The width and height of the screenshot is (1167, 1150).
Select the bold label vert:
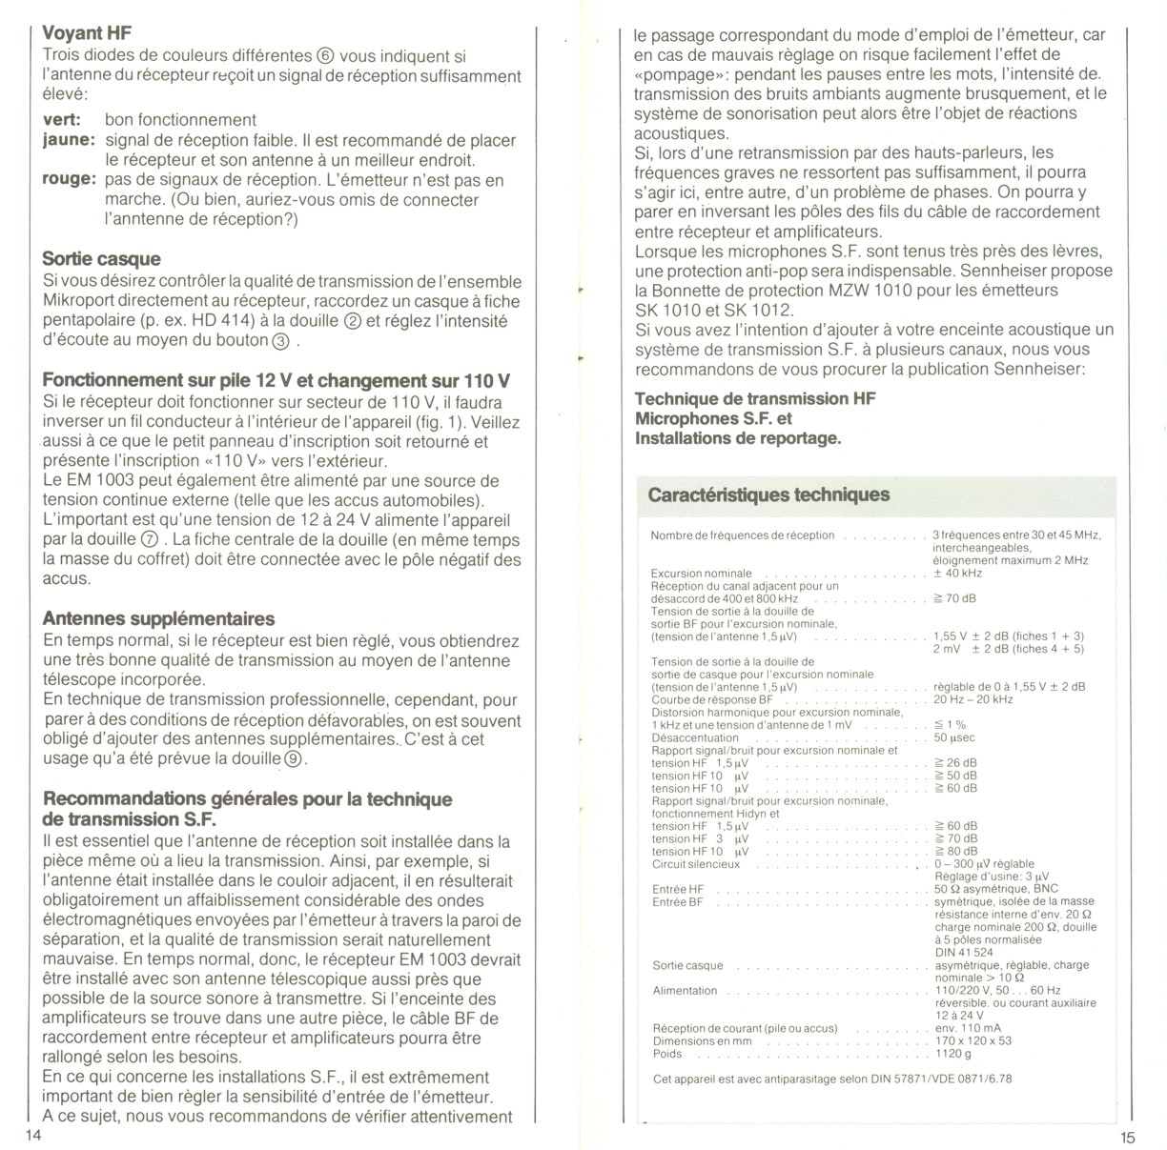61,120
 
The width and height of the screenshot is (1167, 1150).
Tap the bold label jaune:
69,140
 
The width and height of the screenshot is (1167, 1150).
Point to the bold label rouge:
70,180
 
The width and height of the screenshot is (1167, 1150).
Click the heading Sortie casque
101,259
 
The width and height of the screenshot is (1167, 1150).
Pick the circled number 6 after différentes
325,56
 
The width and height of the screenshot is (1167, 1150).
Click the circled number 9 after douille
294,759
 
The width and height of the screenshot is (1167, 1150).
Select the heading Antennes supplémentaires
158,619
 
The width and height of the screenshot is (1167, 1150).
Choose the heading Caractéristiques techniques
768,494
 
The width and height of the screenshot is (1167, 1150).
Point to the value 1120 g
953,1054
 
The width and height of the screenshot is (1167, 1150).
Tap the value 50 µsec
954,737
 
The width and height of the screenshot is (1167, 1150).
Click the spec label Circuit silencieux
695,864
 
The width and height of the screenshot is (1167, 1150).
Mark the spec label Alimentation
685,991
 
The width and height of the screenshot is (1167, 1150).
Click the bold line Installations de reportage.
738,438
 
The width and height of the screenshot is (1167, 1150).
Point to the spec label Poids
667,1054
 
